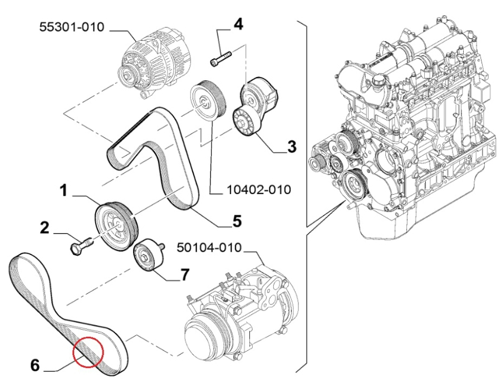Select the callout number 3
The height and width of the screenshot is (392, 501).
tap(291, 147)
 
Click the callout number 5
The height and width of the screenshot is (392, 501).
tap(237, 221)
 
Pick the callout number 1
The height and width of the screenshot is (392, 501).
tap(64, 191)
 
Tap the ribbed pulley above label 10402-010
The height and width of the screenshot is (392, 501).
tap(206, 100)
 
